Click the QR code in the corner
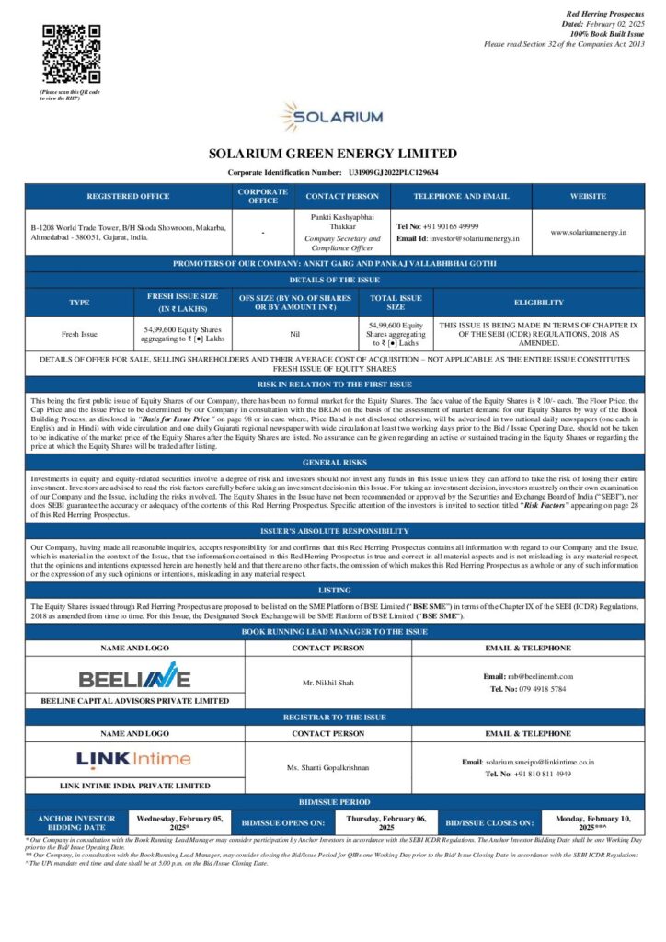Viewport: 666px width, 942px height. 71,53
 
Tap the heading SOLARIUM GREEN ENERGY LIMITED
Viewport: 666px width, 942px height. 332,154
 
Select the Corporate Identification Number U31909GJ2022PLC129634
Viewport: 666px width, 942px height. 394,172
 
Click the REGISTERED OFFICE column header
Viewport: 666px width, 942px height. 128,196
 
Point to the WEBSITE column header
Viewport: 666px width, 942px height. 588,196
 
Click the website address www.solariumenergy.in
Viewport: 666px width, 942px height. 588,232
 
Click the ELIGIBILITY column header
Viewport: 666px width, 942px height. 538,302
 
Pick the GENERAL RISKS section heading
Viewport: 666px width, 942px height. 332,462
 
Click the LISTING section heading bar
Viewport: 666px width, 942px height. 332,590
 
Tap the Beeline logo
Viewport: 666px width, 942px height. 134,679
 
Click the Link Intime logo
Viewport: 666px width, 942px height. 134,759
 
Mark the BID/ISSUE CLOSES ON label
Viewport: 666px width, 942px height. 488,822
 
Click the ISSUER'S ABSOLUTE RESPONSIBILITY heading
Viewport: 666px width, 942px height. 332,531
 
